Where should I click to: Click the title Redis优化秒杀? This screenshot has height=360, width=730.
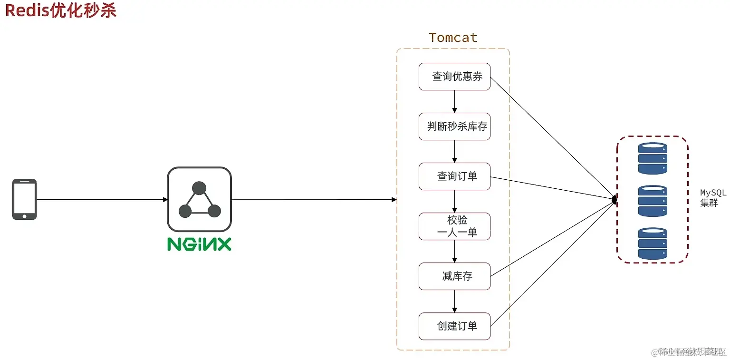61,10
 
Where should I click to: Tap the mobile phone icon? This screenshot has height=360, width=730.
24,199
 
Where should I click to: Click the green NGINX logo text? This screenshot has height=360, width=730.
199,244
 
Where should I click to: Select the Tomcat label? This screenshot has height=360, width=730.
453,38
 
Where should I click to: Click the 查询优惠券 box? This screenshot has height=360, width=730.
454,77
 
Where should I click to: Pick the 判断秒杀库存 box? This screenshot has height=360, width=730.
454,126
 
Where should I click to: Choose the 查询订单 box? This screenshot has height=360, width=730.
454,176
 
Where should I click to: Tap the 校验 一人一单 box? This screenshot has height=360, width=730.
454,226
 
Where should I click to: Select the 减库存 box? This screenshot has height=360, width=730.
454,276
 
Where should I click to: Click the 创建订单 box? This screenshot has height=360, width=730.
454,326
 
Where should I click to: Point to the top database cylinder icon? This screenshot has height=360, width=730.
653,158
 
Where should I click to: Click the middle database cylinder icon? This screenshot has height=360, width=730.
653,201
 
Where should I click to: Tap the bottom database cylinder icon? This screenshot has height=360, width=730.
653,243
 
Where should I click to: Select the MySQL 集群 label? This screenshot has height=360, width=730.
713,198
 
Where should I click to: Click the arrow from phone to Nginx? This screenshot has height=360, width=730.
102,200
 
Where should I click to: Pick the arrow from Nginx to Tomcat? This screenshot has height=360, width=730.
314,200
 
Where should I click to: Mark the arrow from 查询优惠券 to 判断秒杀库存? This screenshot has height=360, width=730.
455,101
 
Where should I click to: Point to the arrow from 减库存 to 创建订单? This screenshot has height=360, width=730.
455,301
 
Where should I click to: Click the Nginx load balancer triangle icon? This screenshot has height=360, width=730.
199,200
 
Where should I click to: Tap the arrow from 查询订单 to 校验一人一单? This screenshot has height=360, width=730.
455,201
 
